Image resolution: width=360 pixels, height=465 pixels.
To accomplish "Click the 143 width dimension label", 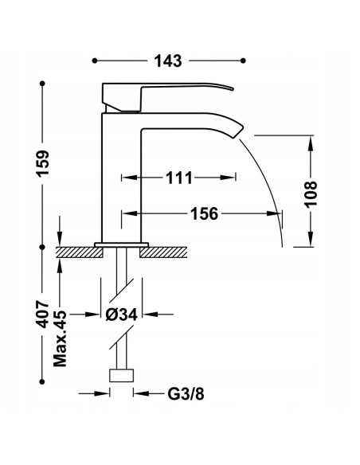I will (x=168, y=61).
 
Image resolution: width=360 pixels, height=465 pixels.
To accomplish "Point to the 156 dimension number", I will (x=204, y=213).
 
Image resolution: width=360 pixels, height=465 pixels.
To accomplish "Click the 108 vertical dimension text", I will (x=311, y=193).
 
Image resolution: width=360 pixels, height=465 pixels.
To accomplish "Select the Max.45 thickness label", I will (x=61, y=338).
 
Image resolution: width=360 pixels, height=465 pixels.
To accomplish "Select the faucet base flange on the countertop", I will (x=122, y=243).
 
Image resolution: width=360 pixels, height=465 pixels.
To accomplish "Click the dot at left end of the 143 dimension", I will (x=96, y=61).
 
